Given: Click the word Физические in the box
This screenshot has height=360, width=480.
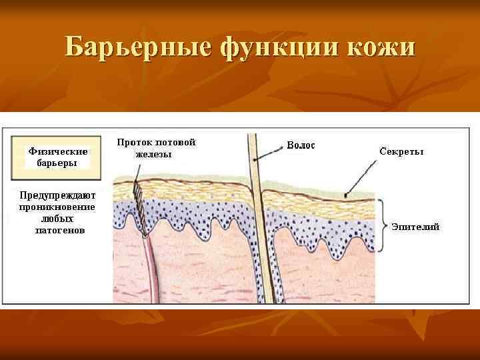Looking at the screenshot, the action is click(x=58, y=151).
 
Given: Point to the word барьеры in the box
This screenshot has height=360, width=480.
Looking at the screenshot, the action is click(x=57, y=163).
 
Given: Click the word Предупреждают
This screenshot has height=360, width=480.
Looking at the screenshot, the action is click(x=58, y=195).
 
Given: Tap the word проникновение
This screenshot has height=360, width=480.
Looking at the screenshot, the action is click(x=57, y=207).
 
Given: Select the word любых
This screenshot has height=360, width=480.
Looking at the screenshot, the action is click(x=57, y=218).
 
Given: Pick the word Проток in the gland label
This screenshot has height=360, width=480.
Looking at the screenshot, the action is click(x=135, y=143).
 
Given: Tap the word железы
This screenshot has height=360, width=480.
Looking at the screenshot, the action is click(x=154, y=155).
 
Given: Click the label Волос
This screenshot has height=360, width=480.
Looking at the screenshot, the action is click(x=301, y=145).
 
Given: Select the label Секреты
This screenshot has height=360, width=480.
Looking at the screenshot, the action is click(x=401, y=151).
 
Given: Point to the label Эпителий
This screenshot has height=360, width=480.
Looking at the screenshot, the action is click(x=415, y=227).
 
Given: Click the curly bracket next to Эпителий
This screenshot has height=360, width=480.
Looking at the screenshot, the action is click(x=381, y=225).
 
